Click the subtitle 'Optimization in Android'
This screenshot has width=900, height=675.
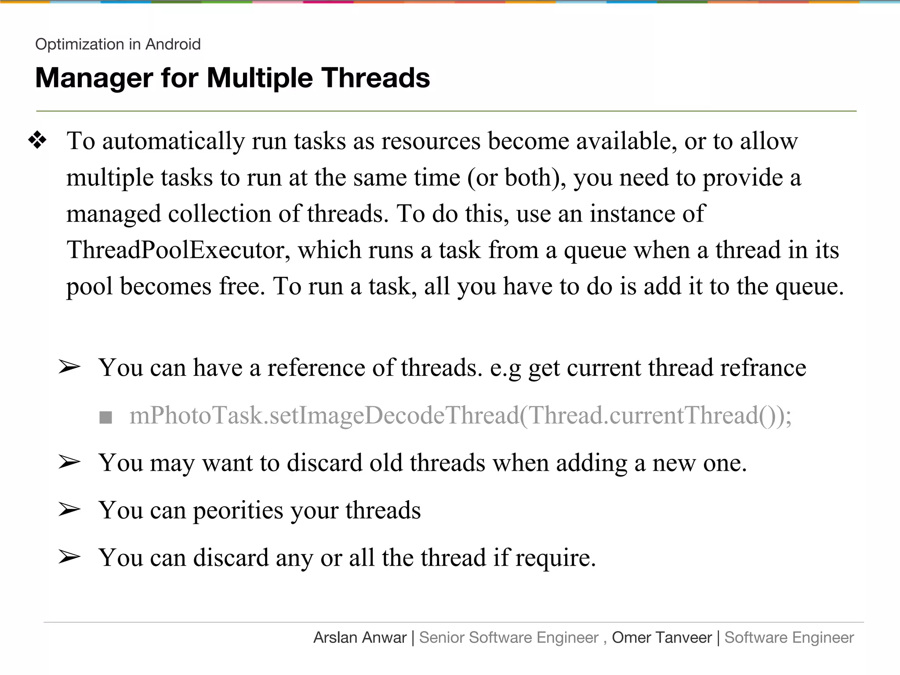coord(118,44)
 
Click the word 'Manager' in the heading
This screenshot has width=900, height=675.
coord(94,78)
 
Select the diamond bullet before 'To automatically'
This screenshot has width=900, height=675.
coord(37,141)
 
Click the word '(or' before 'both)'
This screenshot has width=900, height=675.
coord(482,178)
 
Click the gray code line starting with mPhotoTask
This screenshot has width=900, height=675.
coord(460,415)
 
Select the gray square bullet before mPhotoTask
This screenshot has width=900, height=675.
coord(106,417)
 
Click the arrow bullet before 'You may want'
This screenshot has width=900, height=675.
coord(69,462)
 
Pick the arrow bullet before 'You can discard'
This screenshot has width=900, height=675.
coord(69,557)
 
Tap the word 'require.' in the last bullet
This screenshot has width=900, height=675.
coord(555,558)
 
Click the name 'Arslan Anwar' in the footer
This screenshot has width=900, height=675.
coord(360,638)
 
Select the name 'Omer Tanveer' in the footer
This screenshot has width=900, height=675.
coord(661,638)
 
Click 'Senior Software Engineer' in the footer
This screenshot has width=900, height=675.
coord(508,638)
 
